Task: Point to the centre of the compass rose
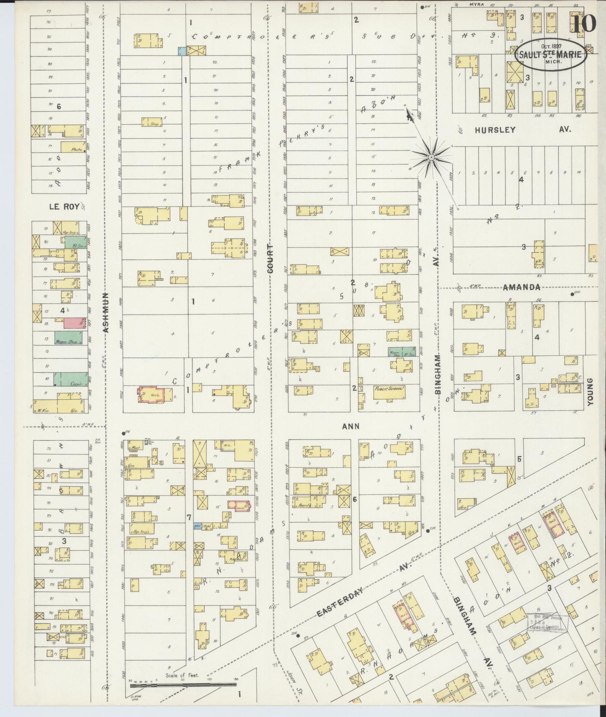[431, 158]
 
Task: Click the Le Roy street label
[64, 207]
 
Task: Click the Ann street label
[351, 426]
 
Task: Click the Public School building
[389, 392]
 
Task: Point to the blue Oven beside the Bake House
[198, 526]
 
